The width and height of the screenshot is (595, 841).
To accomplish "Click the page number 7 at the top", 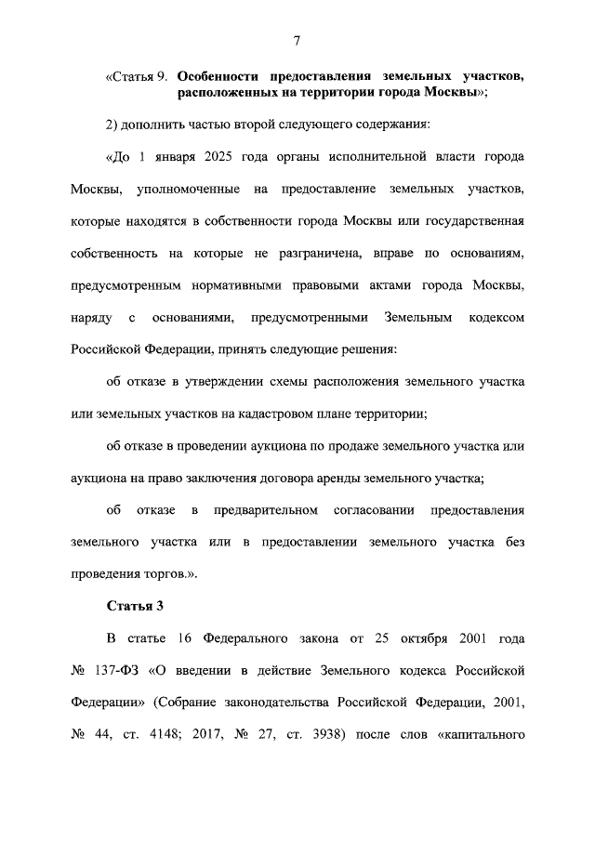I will coord(297,40).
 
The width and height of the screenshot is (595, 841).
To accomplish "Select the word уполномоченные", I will coord(184,190).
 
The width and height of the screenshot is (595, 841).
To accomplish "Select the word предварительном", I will coord(267,511).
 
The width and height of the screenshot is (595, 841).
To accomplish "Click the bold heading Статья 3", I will coord(135,607).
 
